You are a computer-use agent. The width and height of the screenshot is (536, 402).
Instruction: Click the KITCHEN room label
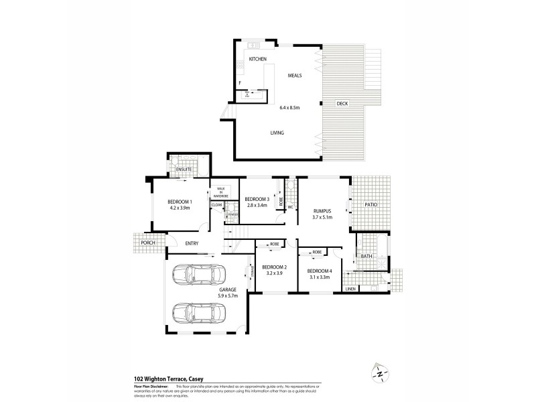258,60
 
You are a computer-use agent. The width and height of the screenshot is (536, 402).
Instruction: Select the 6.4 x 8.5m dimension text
289,107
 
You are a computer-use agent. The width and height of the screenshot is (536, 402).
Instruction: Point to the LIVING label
277,133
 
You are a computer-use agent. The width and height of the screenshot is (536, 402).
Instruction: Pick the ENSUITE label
184,170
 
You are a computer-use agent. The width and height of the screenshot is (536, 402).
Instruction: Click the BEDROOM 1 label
180,202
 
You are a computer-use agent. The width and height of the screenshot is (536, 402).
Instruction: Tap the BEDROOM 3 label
257,199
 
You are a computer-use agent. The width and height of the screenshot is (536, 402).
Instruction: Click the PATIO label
372,204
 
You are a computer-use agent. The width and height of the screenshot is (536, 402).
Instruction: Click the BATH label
366,256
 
